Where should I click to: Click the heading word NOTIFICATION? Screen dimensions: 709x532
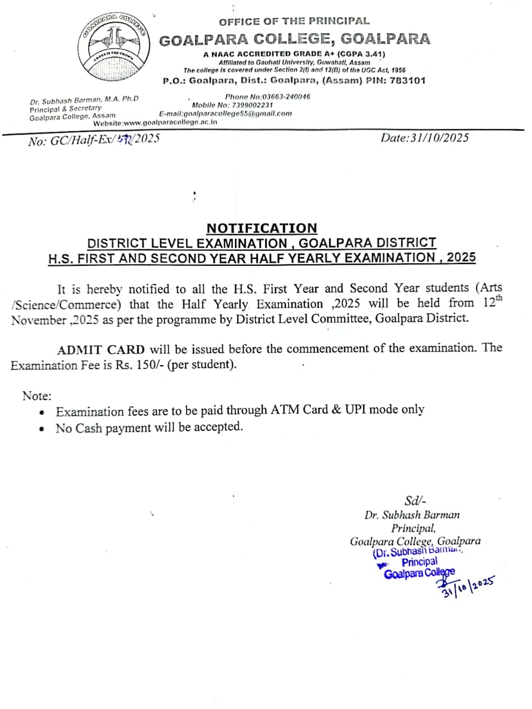pos(262,228)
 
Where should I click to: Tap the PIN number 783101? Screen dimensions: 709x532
pos(407,80)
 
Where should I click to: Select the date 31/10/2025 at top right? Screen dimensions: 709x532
pos(424,138)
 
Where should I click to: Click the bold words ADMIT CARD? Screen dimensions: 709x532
pos(101,350)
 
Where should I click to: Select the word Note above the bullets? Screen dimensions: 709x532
pos(37,395)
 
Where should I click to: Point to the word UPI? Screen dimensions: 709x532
pos(355,410)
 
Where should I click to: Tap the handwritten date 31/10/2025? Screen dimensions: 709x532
pos(468,586)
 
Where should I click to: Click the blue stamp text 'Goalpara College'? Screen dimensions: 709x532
pos(419,573)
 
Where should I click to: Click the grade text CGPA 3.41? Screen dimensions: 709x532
pos(360,54)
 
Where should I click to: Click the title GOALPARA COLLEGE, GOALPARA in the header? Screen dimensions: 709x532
pos(294,39)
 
